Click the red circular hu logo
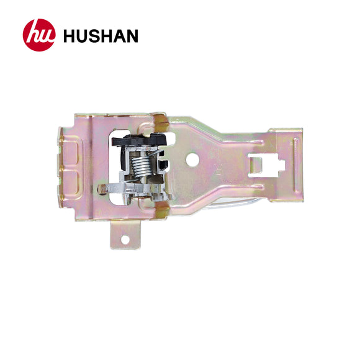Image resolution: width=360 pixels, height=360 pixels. (39, 35)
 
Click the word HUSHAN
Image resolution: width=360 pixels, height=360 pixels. (100, 36)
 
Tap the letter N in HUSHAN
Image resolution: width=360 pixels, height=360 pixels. (130, 36)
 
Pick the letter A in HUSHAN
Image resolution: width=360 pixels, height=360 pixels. (118, 36)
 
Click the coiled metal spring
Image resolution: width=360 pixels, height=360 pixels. (142, 166)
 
